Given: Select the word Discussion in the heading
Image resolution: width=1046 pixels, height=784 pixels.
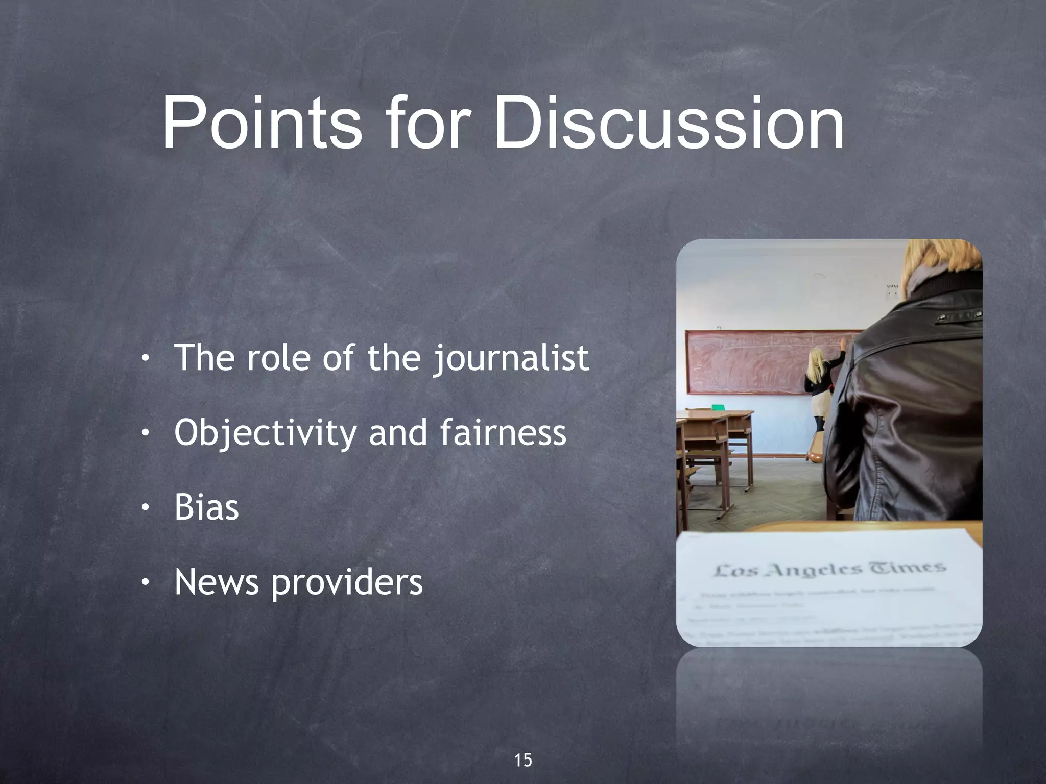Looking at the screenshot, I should [x=669, y=124].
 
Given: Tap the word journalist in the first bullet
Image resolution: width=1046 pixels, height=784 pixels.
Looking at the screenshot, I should [x=511, y=359].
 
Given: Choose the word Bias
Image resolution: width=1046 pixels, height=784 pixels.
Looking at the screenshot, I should [x=206, y=507].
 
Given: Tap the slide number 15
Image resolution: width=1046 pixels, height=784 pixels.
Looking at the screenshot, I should [x=522, y=760].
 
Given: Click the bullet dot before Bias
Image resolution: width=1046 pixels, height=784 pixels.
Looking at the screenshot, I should [x=146, y=508].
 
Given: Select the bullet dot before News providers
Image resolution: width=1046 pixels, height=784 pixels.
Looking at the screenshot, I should [x=146, y=582].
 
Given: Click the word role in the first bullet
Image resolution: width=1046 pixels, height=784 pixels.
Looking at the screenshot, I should [x=278, y=358].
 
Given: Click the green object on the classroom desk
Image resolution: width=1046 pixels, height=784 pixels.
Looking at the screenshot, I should [x=718, y=407].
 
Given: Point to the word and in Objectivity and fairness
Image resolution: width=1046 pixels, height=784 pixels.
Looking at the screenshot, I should [x=397, y=432].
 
